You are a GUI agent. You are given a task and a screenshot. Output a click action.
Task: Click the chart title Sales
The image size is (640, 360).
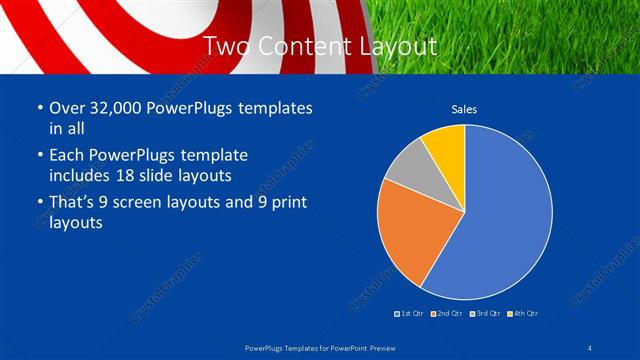point(464,108)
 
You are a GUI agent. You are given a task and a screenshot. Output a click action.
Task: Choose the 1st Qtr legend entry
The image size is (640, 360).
point(408,314)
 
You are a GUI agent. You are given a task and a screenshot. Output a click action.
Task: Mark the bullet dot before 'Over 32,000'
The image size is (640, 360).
point(38,108)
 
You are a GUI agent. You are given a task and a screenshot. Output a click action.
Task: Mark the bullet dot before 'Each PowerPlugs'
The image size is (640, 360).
point(38,156)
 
